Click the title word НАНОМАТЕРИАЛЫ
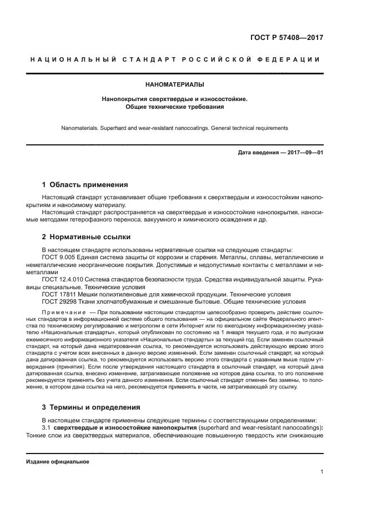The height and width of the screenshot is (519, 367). (x=174, y=85)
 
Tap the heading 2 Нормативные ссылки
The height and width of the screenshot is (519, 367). (x=86, y=237)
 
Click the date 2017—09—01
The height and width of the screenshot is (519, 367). (x=304, y=153)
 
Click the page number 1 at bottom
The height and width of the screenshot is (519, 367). (x=321, y=472)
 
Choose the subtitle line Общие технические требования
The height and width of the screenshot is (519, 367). (x=174, y=106)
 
